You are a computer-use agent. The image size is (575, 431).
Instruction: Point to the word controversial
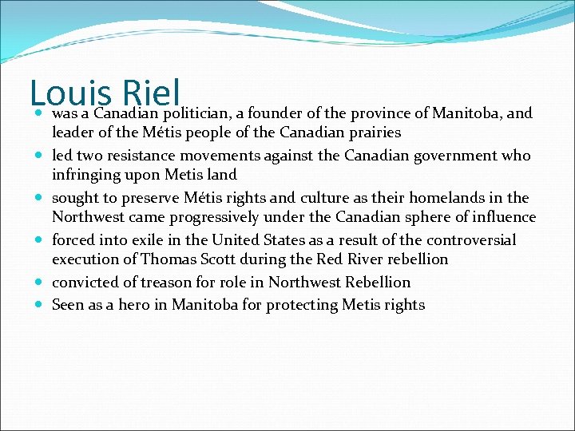click(465, 240)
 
